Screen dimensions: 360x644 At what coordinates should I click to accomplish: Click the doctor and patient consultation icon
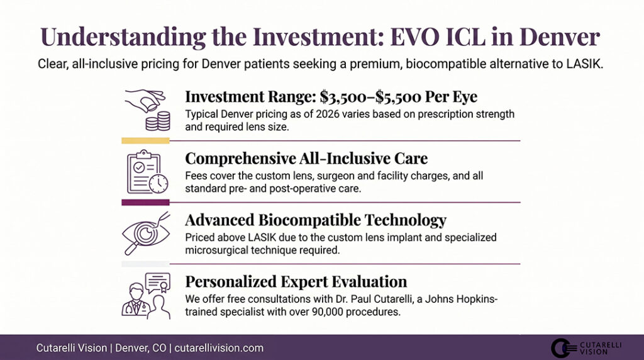(145, 295)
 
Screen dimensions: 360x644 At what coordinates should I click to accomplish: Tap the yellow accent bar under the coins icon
(145, 140)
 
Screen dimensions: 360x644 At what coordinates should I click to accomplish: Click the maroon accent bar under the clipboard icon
(145, 202)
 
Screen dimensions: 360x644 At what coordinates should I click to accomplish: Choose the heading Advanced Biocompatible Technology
(316, 220)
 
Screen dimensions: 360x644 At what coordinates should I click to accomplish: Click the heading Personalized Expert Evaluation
(296, 281)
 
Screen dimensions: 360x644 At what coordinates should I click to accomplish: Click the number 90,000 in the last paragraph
(314, 310)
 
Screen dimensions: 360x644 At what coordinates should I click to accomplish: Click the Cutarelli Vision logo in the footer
(578, 348)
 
